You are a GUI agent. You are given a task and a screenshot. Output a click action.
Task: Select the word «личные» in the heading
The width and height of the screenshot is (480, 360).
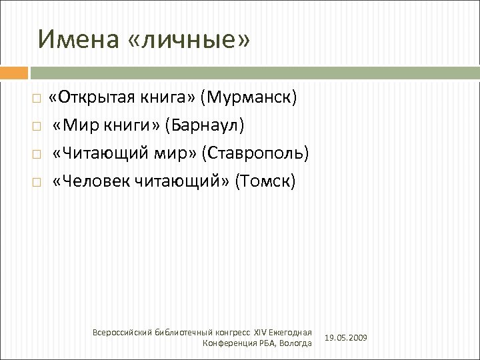coord(189,39)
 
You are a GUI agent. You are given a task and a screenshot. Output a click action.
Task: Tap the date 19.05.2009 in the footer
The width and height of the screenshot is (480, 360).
coord(345,339)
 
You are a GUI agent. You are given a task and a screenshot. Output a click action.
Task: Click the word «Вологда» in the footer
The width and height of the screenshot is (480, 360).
coord(295,343)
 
